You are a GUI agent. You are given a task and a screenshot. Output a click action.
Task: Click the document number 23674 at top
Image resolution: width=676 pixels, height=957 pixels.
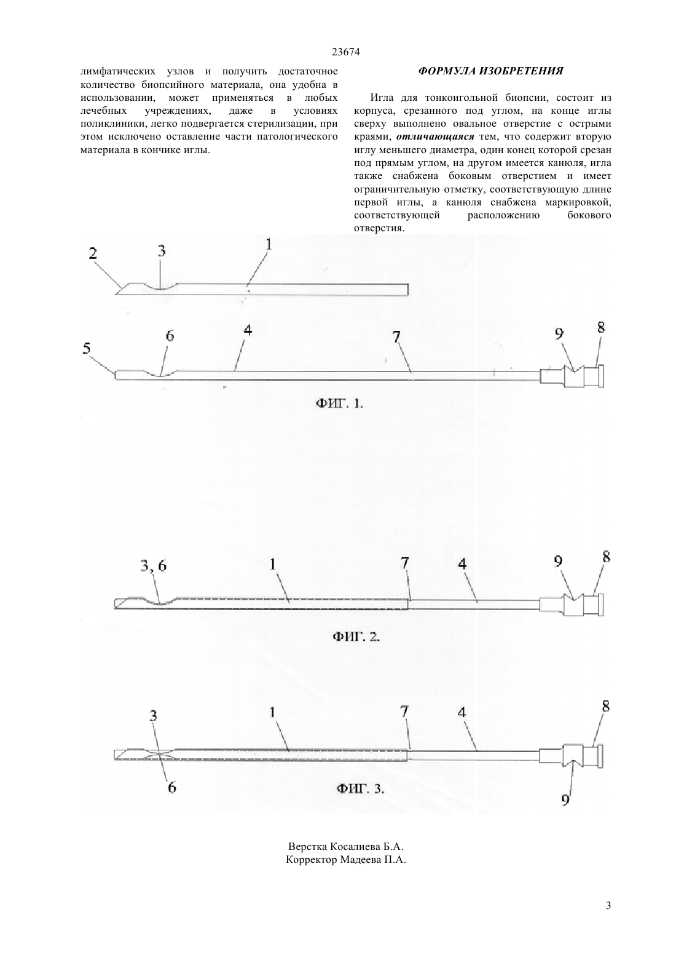pyautogui.click(x=345, y=52)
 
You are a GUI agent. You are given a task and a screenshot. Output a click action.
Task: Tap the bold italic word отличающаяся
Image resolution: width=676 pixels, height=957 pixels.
pyautogui.click(x=435, y=137)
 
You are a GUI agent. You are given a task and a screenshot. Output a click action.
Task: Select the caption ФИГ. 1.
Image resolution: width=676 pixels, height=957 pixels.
pyautogui.click(x=339, y=403)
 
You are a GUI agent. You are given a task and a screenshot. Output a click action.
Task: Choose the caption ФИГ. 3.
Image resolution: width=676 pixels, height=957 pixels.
pyautogui.click(x=361, y=788)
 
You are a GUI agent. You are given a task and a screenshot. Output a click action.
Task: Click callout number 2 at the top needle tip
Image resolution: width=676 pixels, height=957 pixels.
pyautogui.click(x=93, y=253)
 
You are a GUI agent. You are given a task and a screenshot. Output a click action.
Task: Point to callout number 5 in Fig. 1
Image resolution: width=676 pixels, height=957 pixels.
pyautogui.click(x=87, y=349)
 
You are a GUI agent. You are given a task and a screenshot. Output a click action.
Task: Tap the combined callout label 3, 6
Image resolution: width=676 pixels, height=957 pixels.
pyautogui.click(x=154, y=566)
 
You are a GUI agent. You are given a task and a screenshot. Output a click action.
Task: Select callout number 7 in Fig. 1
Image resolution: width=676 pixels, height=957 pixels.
pyautogui.click(x=396, y=336)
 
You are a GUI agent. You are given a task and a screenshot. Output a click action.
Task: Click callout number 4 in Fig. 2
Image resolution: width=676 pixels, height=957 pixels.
pyautogui.click(x=462, y=564)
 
